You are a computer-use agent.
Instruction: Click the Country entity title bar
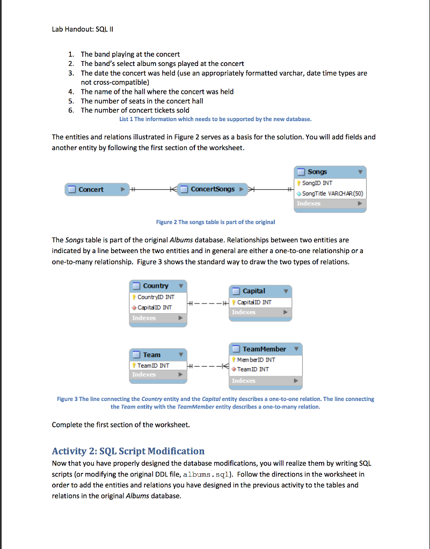coord(159,286)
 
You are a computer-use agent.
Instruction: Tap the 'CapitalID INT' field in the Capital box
coord(253,302)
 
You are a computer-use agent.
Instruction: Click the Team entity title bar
coord(159,355)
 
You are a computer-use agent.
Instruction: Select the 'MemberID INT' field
coord(256,360)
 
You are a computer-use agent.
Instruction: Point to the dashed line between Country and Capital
coord(208,304)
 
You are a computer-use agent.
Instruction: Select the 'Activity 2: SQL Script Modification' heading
coord(128,451)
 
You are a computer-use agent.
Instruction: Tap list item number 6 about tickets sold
coord(135,110)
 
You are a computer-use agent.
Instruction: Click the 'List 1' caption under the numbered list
coord(215,119)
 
